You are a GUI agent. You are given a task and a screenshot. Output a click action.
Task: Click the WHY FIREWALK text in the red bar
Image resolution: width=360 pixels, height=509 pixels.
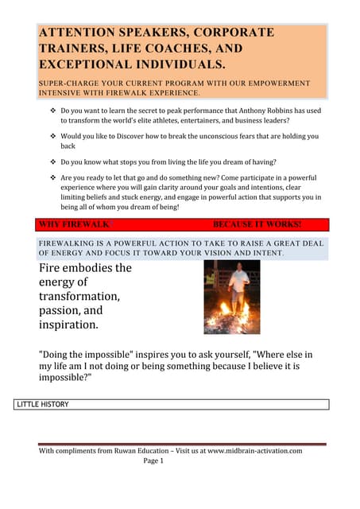(74, 225)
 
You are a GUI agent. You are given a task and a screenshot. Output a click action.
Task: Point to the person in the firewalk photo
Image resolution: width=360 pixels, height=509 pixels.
(236, 288)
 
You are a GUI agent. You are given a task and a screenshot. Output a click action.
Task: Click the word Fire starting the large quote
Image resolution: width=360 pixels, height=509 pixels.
(54, 268)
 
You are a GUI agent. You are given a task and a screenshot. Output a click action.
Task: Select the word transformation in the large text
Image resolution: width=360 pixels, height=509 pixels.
(79, 297)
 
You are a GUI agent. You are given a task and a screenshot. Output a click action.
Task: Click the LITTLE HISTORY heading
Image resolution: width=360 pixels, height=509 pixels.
(43, 404)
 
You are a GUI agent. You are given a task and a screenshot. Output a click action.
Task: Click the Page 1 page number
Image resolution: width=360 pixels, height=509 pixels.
(153, 460)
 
